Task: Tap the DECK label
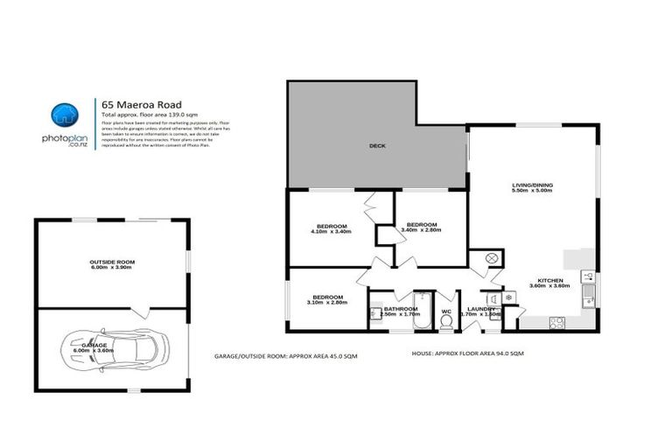376,146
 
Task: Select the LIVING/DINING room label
532,185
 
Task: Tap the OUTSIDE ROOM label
112,262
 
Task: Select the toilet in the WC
446,321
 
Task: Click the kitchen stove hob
556,322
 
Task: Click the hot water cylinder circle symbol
491,258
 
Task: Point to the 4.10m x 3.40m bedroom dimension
331,232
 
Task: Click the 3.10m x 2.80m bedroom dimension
328,302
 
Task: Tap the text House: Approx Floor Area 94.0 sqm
467,353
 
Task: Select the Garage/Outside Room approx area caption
285,357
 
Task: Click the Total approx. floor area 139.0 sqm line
146,115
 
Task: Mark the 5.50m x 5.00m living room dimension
532,191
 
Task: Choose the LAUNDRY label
480,308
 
